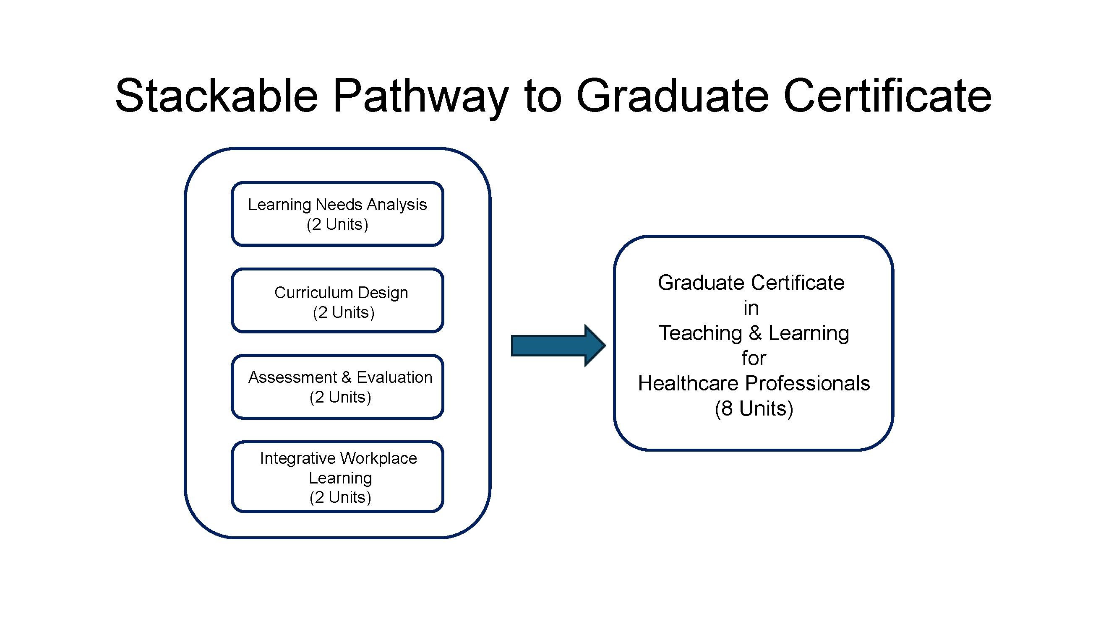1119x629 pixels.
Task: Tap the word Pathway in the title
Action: tap(420, 98)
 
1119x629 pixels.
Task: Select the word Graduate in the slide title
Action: tap(673, 96)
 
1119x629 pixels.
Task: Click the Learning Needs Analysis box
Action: tap(337, 214)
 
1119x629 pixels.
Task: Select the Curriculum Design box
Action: tap(337, 300)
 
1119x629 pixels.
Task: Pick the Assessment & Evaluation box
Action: tap(337, 387)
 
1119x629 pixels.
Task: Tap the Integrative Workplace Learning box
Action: tap(337, 477)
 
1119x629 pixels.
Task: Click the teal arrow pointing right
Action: tap(558, 346)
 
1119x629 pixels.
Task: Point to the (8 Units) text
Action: tap(754, 408)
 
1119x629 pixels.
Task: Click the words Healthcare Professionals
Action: tap(754, 383)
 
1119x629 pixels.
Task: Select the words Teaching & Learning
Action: tap(754, 333)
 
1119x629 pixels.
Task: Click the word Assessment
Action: tap(293, 377)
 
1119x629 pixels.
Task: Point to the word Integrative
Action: tap(297, 458)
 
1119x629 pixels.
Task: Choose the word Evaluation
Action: tap(394, 377)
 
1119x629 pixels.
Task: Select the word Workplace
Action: tap(378, 458)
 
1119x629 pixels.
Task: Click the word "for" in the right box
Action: tap(754, 358)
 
